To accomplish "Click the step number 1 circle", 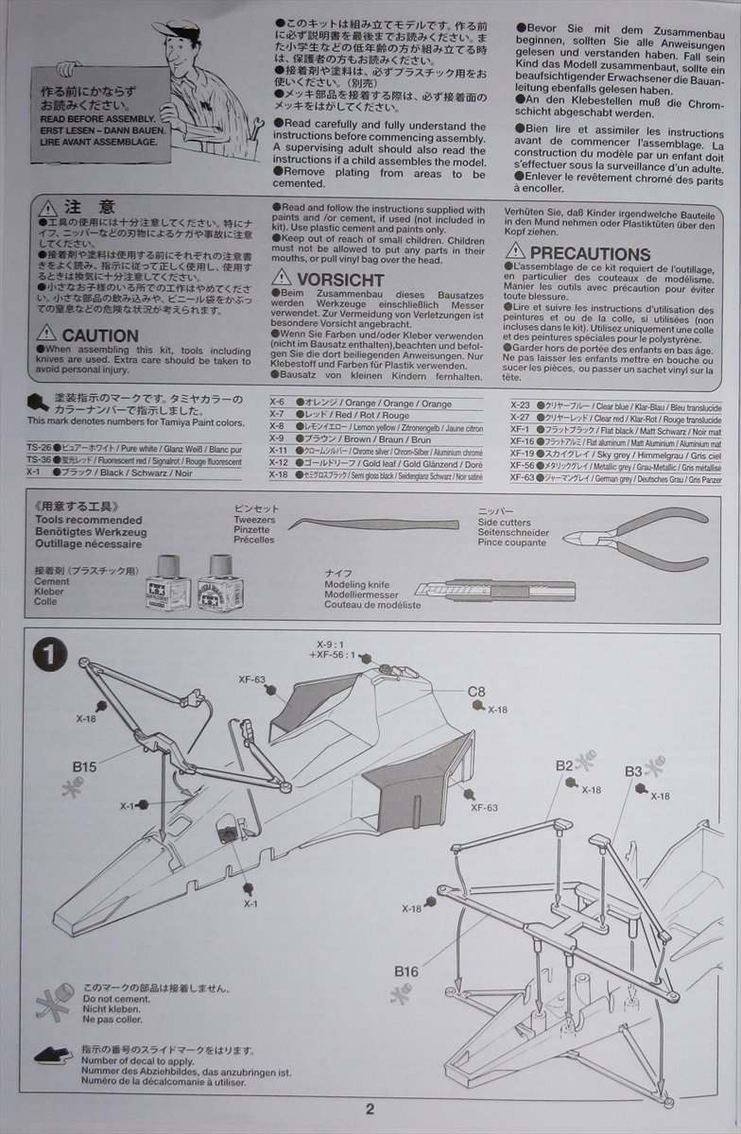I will (48, 652).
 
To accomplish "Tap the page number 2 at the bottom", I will (370, 1110).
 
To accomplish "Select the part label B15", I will (85, 766).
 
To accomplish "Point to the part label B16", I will (406, 971).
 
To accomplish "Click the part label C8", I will (477, 692).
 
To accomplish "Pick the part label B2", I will (564, 765).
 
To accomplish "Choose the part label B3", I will (633, 771).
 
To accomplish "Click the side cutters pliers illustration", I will (635, 539).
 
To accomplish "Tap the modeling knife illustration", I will (495, 592).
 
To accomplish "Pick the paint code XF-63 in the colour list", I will (522, 478).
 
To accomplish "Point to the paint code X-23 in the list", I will (520, 404).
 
